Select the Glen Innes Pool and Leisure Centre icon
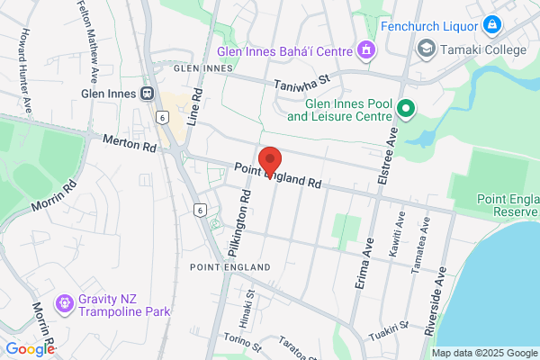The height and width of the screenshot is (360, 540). coord(405,110)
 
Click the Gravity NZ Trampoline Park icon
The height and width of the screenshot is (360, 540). coord(64,304)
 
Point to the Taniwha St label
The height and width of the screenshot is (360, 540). coord(303,83)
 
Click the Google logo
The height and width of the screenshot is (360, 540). coord(30,349)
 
